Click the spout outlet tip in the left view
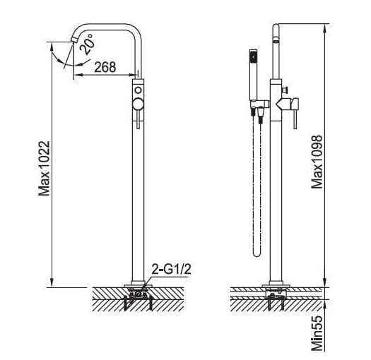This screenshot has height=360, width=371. point(72,42)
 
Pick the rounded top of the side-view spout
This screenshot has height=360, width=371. point(278,30)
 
